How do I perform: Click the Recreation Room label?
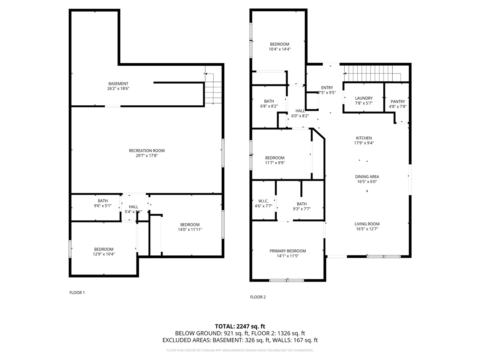point(147,151)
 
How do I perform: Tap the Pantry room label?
point(397,102)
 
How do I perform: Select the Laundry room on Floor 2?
point(363,100)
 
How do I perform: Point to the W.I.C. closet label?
point(263,201)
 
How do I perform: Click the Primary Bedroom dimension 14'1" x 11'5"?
point(288,256)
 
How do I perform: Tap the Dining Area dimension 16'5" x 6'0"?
point(367,182)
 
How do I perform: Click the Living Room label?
point(367,224)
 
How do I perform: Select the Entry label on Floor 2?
point(327,88)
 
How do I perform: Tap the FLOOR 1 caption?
point(77,292)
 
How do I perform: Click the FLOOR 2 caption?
point(258,297)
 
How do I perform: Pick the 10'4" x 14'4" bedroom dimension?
point(279,49)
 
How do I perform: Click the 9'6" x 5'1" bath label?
point(103,205)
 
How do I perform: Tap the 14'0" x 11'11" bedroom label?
point(190,229)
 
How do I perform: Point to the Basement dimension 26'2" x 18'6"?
point(118,88)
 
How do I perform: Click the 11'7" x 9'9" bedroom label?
point(274,163)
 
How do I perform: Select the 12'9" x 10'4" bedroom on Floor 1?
point(103,254)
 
